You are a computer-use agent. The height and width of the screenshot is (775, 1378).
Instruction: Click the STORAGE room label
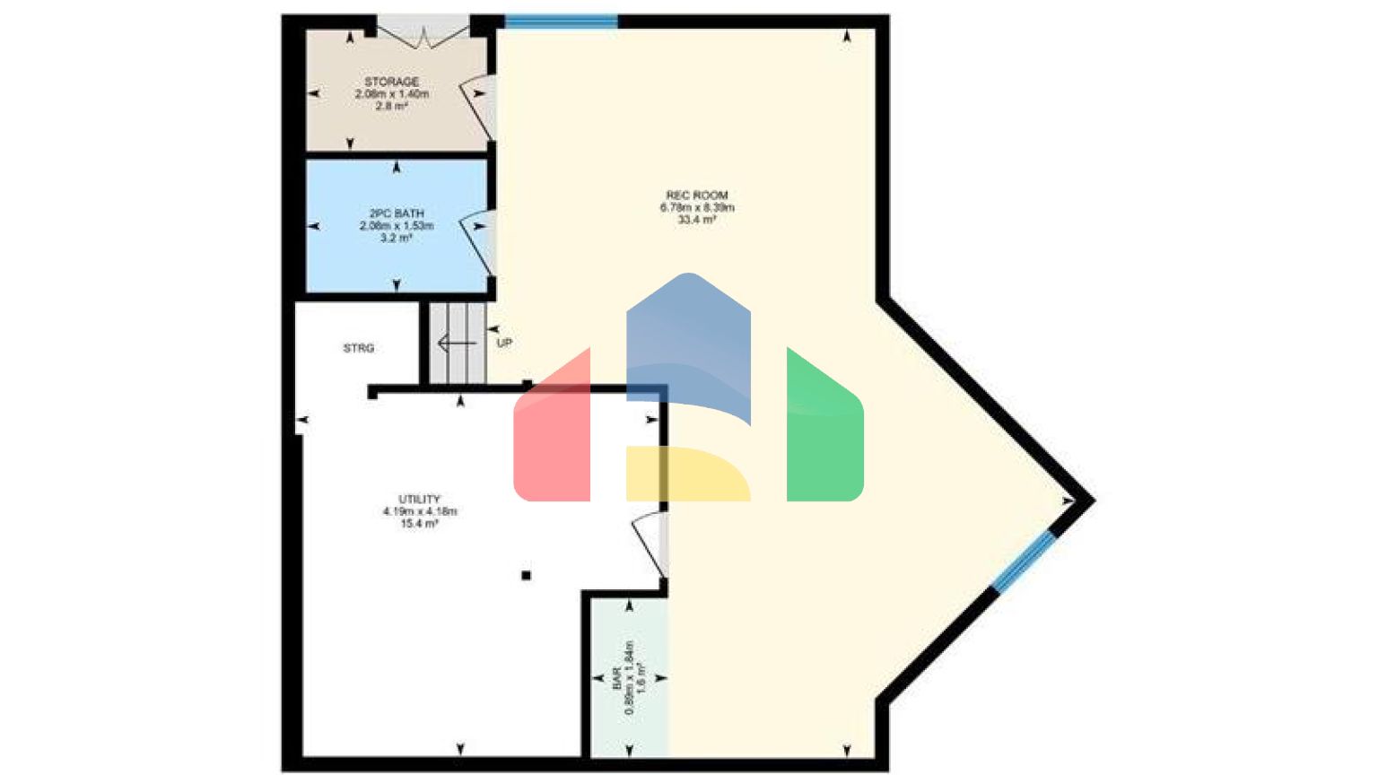392,82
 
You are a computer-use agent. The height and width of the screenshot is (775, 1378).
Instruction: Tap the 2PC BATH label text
397,213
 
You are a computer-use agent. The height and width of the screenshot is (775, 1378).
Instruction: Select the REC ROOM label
697,195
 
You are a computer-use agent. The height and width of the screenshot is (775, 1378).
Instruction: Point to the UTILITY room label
419,499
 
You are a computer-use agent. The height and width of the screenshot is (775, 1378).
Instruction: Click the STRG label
359,348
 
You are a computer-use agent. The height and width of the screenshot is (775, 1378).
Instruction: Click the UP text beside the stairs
504,343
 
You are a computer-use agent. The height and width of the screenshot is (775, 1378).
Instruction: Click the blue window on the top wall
561,21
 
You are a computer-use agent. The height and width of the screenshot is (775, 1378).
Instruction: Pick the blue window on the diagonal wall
1023,561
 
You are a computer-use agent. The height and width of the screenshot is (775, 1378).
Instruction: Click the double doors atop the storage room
422,34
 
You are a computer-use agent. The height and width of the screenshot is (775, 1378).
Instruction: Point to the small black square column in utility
526,576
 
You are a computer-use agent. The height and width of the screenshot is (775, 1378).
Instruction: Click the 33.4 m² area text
697,220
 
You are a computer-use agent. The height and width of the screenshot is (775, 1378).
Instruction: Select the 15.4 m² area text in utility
419,524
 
